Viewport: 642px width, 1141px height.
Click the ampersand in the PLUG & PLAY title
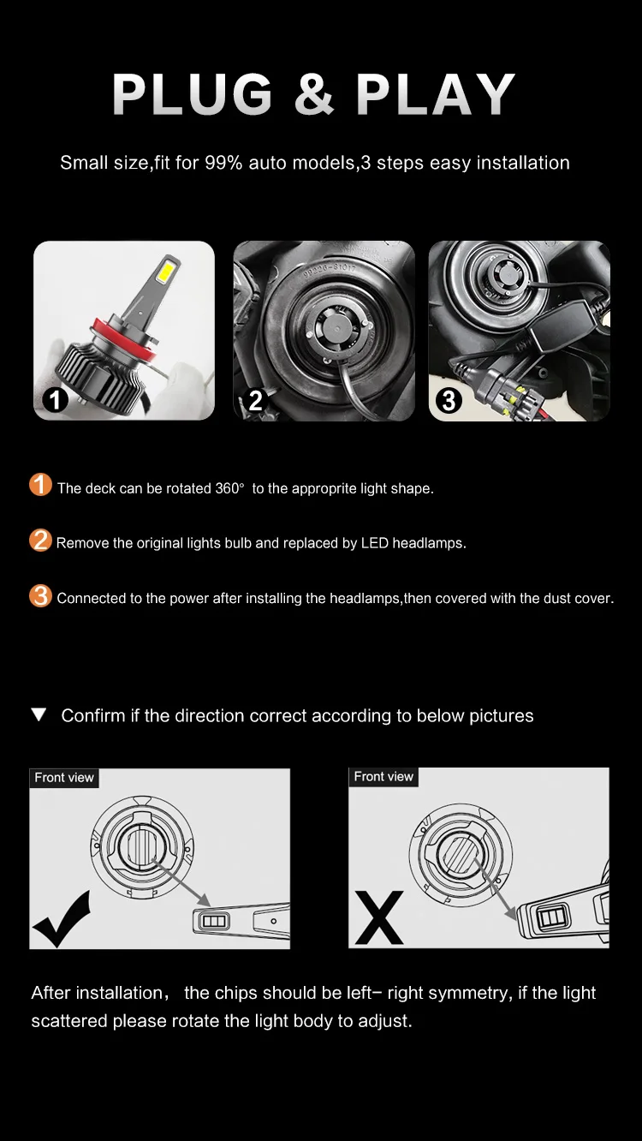(x=314, y=94)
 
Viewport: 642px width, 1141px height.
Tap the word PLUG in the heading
(x=192, y=94)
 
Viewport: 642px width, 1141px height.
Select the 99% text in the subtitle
(x=223, y=163)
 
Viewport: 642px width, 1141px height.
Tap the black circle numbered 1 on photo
(x=55, y=399)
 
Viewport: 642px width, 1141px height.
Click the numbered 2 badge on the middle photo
(x=256, y=400)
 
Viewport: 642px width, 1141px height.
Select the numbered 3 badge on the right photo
(x=449, y=400)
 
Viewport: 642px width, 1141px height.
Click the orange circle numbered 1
(x=41, y=485)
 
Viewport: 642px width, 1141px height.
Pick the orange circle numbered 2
(x=41, y=541)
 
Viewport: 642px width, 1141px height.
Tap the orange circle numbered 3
(x=41, y=596)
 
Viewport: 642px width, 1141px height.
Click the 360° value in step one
(x=229, y=488)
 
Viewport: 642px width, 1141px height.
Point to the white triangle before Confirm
(x=39, y=714)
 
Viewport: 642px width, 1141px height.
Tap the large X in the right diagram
(x=379, y=917)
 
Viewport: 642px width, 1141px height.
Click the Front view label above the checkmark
(x=64, y=778)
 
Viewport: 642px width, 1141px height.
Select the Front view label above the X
(x=383, y=777)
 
